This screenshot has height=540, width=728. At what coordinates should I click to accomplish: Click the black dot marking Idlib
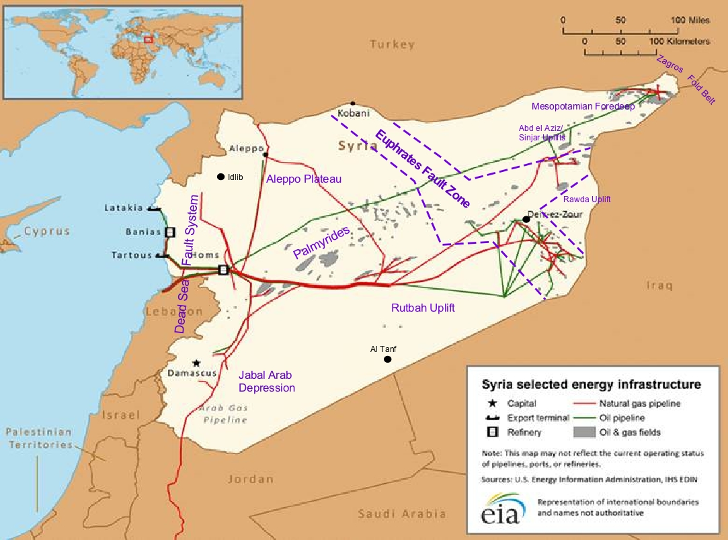(x=220, y=177)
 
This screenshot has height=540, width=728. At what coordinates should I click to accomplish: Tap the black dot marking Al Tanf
(x=387, y=359)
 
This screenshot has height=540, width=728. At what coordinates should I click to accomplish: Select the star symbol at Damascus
(x=196, y=363)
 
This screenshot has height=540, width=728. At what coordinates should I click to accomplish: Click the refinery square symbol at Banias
(x=170, y=232)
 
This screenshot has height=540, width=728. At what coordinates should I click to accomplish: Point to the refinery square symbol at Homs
(x=223, y=269)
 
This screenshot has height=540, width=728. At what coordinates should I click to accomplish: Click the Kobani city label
(x=353, y=113)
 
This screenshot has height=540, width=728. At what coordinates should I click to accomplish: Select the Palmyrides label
(x=321, y=243)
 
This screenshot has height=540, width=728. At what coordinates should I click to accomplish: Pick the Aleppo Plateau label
(x=304, y=179)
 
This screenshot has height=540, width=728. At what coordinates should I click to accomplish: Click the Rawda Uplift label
(x=587, y=199)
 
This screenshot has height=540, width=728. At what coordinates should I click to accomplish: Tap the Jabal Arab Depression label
(x=266, y=381)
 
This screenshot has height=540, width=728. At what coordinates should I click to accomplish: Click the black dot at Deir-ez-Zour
(x=526, y=219)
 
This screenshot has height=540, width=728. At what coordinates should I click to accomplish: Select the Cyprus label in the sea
(x=46, y=231)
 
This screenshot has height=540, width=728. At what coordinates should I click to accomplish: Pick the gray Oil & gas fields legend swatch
(x=584, y=432)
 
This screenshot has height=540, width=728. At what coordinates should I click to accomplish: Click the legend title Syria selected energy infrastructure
(x=591, y=385)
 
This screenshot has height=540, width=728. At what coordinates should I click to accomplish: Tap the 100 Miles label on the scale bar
(x=690, y=20)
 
